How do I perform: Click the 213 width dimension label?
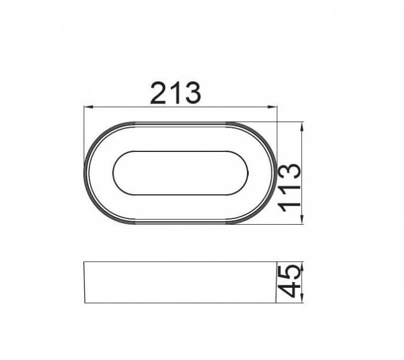(x=175, y=93)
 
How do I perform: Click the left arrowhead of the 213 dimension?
(x=88, y=107)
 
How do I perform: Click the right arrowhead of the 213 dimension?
(x=272, y=107)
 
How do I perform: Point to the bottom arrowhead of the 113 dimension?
(x=302, y=220)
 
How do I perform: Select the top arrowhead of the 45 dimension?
(x=302, y=266)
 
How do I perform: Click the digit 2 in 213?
(x=158, y=93)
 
